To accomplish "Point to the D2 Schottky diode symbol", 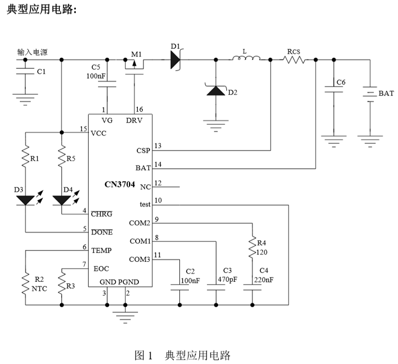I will pyautogui.click(x=215, y=90).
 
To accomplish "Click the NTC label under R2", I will pyautogui.click(x=38, y=289).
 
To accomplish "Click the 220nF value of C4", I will pyautogui.click(x=263, y=280).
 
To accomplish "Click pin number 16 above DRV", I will pyautogui.click(x=139, y=109).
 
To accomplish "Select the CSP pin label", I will pyautogui.click(x=142, y=150).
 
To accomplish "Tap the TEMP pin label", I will pyautogui.click(x=101, y=251).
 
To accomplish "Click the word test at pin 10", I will pyautogui.click(x=145, y=204).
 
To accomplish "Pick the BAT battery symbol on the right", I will pyautogui.click(x=369, y=94).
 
